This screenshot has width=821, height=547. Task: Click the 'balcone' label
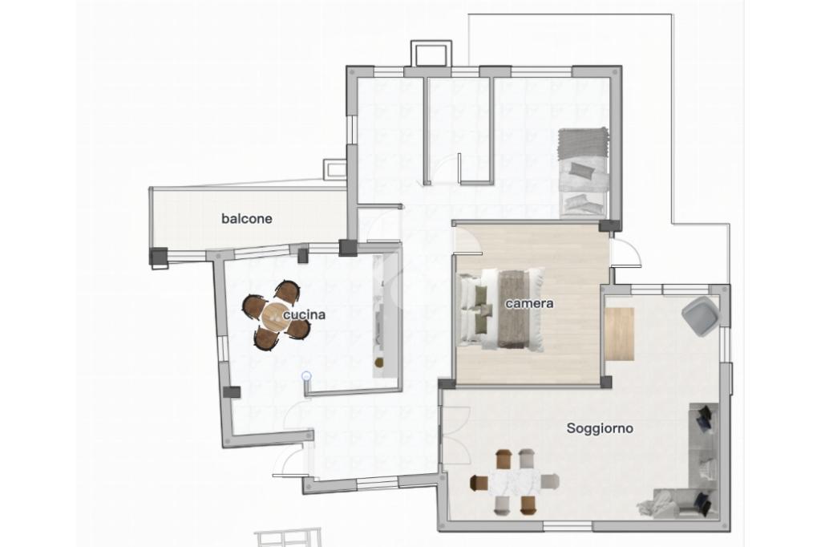coord(247,218)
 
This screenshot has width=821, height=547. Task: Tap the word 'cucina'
coord(304,314)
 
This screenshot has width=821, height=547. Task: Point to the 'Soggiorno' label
coord(600,428)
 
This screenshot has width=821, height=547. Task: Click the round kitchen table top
coord(275,316)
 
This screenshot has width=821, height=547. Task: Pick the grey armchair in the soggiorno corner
coord(699,315)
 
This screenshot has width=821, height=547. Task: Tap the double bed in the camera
coord(501,309)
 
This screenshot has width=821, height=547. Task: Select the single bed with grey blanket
coord(584,172)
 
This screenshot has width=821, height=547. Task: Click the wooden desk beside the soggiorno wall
coord(620,334)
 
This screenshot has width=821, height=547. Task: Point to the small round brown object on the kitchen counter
coord(379,362)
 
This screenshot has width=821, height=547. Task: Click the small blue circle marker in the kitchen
coord(307,375)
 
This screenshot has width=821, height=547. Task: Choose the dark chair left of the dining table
coord(479,483)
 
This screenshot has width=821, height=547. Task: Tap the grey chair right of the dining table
coord(550,481)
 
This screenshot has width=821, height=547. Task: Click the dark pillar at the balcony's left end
coord(159,257)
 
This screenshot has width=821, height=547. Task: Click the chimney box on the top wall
coord(431,54)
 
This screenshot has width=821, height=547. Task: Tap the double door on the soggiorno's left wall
coord(455,436)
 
